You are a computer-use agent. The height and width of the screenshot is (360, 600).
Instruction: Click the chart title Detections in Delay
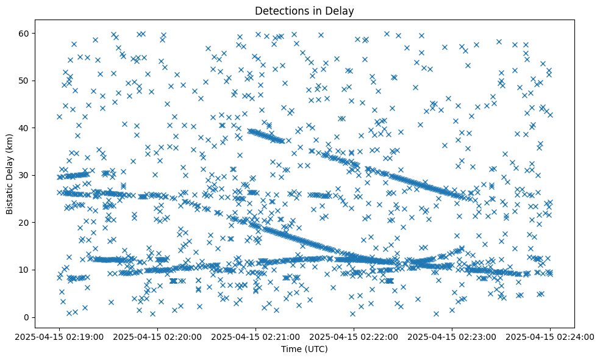click(304, 10)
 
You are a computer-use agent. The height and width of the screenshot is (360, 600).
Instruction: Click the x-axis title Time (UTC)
click(304, 349)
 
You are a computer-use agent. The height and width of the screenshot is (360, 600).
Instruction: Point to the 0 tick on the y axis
click(26, 317)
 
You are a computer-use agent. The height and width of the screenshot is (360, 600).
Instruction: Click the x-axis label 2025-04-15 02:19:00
click(59, 336)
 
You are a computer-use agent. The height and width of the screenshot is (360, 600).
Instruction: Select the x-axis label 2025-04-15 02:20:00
click(157, 336)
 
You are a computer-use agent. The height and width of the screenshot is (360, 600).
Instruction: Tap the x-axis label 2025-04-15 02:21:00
click(255, 336)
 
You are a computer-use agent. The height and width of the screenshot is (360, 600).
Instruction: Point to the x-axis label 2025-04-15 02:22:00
click(354, 336)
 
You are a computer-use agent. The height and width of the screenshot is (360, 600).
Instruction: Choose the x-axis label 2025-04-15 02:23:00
click(452, 336)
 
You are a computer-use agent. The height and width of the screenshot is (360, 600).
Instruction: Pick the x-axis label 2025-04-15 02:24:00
click(550, 336)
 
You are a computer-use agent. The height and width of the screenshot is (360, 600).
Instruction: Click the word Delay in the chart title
click(341, 10)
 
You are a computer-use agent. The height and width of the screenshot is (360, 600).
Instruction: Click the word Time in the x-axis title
click(291, 349)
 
